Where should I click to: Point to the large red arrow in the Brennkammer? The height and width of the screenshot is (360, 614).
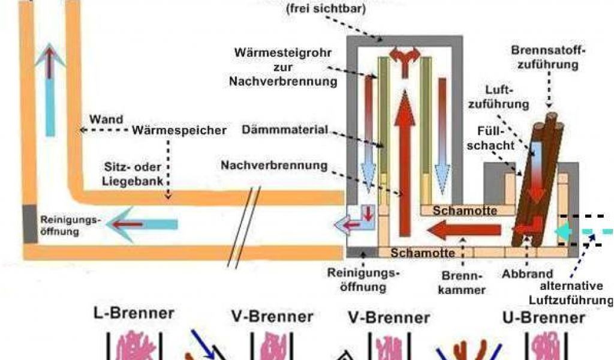(465, 229)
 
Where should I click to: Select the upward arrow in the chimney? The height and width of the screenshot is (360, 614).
(50, 90)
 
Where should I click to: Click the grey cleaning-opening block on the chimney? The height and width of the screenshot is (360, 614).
(29, 223)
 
